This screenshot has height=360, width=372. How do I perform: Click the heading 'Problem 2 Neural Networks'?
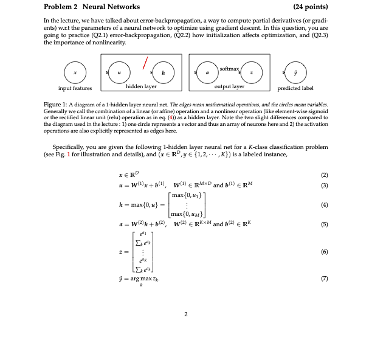pos(92,7)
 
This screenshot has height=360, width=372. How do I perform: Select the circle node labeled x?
pos(75,72)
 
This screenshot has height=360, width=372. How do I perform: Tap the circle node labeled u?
pos(120,72)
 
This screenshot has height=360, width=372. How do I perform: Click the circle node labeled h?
pos(163,72)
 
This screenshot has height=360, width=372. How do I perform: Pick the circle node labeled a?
pos(207,72)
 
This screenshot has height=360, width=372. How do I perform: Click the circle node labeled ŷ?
pos(296,72)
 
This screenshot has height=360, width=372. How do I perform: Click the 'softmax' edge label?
pos(230,64)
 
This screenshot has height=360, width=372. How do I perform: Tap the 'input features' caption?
pos(75,89)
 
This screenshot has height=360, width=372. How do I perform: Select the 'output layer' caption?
pos(229,87)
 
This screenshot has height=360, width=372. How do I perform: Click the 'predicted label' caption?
pos(296,89)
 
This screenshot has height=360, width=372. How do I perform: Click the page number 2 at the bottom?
pos(185,314)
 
